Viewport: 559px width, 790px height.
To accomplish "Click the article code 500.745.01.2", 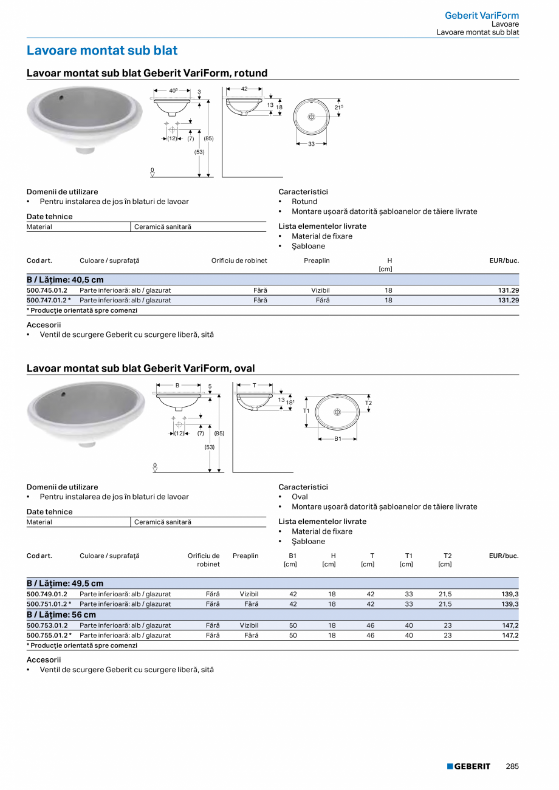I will [x=47, y=290].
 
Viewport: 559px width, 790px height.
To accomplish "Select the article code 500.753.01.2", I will [x=47, y=625].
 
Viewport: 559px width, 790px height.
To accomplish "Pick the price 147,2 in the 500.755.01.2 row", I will [x=510, y=635].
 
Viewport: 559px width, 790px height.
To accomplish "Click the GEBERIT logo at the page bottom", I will [x=468, y=766].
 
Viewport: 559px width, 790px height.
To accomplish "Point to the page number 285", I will [x=512, y=766].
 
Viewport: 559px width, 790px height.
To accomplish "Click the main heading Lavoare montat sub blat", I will [x=102, y=50].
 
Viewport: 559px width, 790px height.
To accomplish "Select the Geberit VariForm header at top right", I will [x=482, y=15].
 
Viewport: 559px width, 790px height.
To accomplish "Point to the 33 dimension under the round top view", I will [x=312, y=144].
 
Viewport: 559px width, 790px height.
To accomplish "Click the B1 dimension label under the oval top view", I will [x=337, y=438].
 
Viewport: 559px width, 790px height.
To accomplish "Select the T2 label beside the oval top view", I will [x=368, y=403].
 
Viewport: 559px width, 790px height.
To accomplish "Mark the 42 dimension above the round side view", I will [x=244, y=89].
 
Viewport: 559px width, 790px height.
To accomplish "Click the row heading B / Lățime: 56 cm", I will [x=61, y=615].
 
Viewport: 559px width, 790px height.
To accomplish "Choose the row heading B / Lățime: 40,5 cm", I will [x=65, y=280].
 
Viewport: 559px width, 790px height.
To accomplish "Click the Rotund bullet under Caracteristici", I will [x=304, y=202].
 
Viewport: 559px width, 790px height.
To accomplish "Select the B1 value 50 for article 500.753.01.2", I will [x=293, y=625].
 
